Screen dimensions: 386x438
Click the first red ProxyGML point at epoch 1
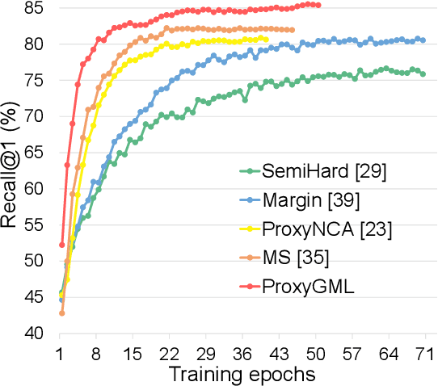pyautogui.click(x=61, y=245)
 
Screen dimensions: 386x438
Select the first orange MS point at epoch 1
pyautogui.click(x=61, y=313)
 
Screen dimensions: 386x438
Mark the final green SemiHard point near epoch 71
pyautogui.click(x=423, y=74)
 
